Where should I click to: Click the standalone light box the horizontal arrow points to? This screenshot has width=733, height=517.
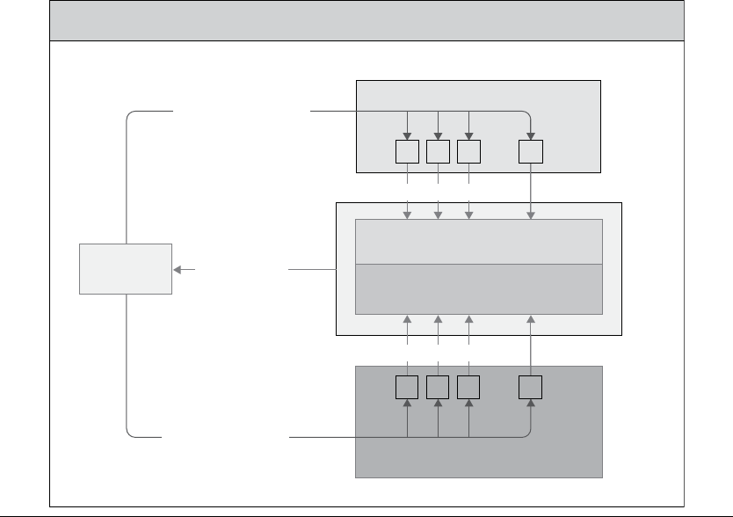pyautogui.click(x=126, y=269)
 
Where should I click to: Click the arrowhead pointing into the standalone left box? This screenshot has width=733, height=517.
pyautogui.click(x=178, y=269)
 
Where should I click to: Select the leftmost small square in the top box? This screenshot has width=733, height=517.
pyautogui.click(x=408, y=153)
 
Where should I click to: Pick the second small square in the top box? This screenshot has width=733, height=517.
pyautogui.click(x=438, y=153)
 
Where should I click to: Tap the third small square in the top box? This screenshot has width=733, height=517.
pyautogui.click(x=468, y=153)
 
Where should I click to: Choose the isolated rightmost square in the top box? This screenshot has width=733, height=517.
pyautogui.click(x=531, y=153)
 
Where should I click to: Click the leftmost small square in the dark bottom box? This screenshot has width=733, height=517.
pyautogui.click(x=408, y=388)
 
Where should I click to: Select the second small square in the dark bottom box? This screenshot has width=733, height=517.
pyautogui.click(x=438, y=388)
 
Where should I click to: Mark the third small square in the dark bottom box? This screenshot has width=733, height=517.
pyautogui.click(x=468, y=388)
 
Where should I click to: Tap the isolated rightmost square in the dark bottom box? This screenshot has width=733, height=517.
pyautogui.click(x=531, y=388)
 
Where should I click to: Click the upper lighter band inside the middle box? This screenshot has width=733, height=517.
pyautogui.click(x=478, y=242)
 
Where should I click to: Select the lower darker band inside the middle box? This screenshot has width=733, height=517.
pyautogui.click(x=478, y=288)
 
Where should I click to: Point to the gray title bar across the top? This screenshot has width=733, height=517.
pyautogui.click(x=366, y=20)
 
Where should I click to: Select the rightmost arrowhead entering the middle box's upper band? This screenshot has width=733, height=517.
pyautogui.click(x=531, y=214)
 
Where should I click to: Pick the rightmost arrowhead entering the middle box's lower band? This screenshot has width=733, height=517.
pyautogui.click(x=531, y=319)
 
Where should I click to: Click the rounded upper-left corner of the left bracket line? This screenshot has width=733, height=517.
pyautogui.click(x=131, y=115)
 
